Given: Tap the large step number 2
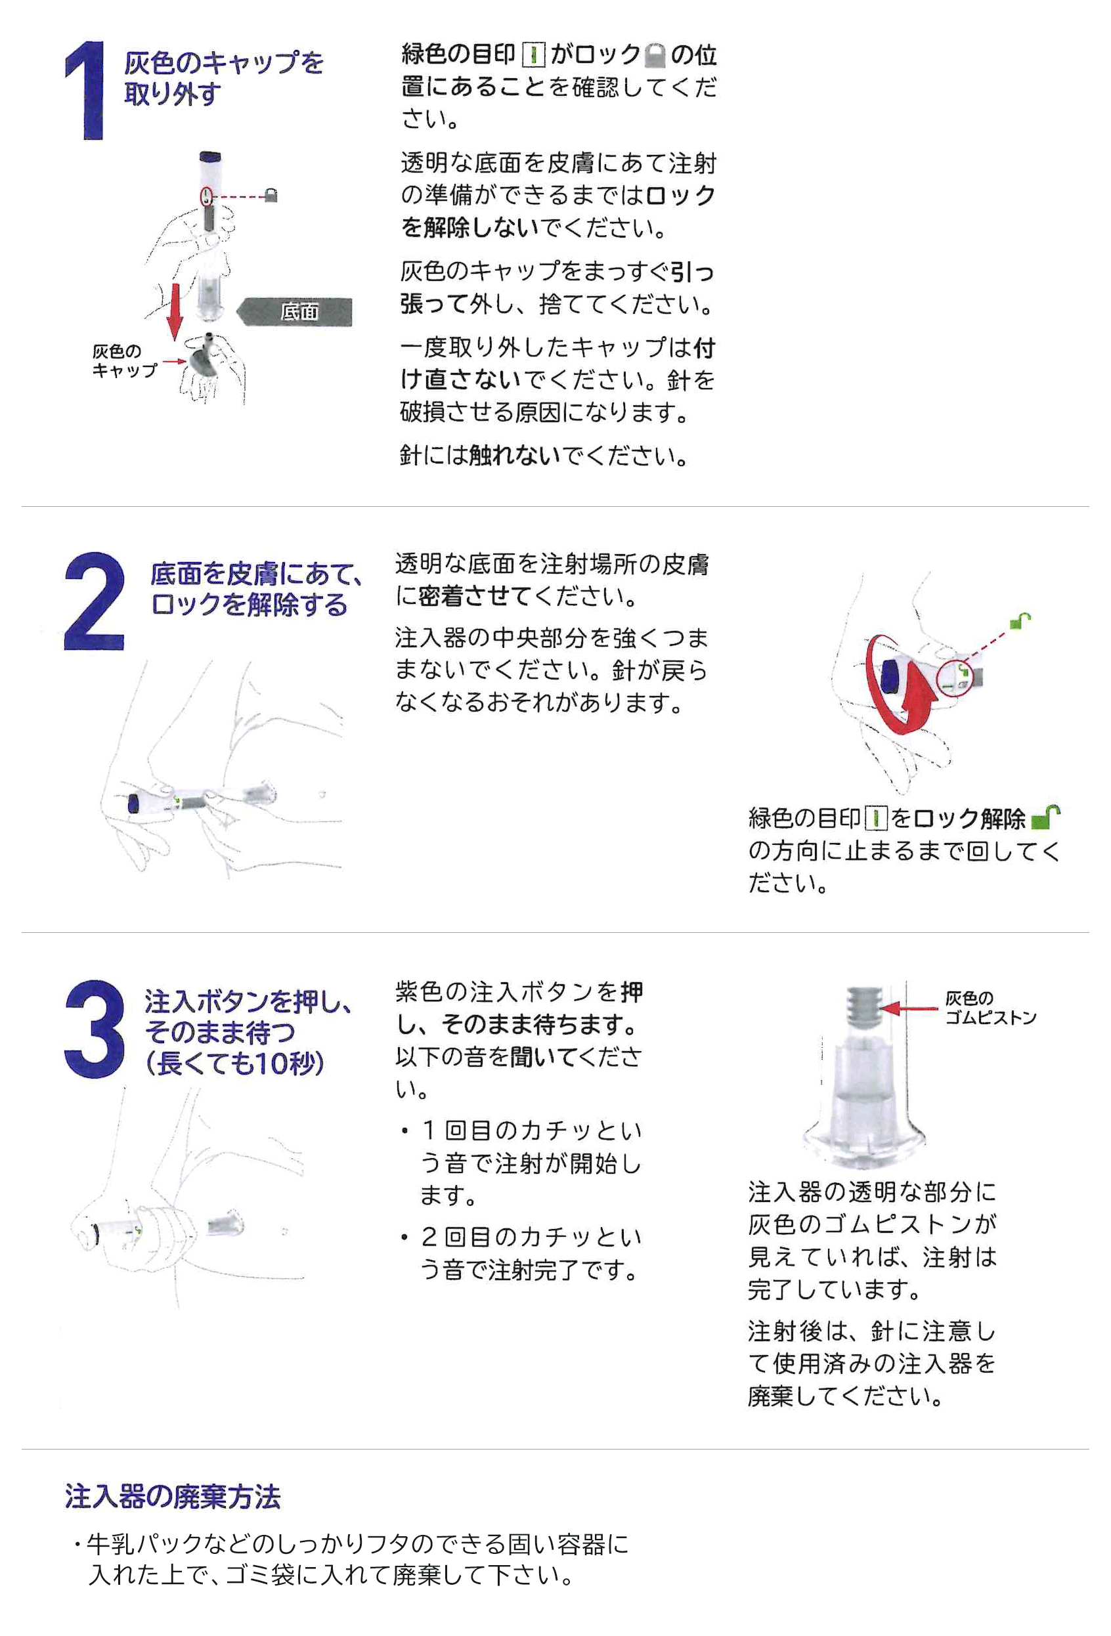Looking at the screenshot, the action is point(95,601).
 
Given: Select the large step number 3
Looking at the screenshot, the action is point(95,1029).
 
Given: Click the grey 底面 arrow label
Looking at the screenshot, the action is point(295,312).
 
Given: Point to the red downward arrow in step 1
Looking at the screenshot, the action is point(173,312).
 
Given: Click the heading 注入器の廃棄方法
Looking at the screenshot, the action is point(173,1497).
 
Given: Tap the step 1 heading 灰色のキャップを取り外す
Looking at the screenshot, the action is point(224,78).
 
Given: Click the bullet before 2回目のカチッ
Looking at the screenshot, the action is point(404,1237).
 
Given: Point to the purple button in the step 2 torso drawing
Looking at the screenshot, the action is point(134,803).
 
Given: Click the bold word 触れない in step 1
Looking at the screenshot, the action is point(515,456).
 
